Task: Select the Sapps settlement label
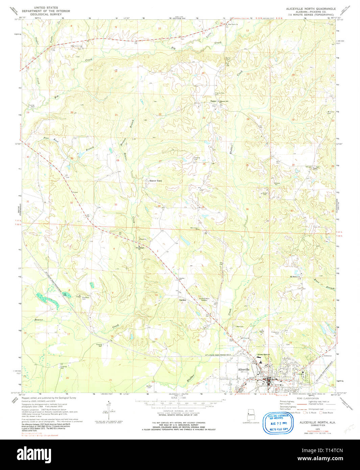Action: [213, 101]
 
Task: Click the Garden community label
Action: [183, 300]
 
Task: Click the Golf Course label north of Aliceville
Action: [245, 337]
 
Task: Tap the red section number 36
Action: [247, 209]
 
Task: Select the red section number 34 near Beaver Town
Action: [159, 206]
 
